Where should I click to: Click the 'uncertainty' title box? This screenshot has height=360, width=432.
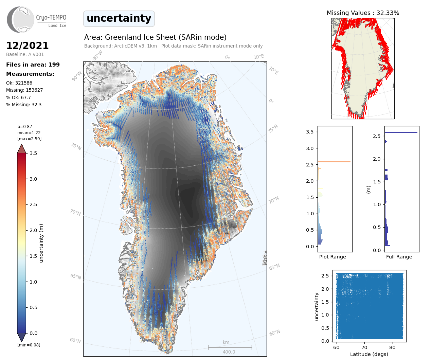coord(119,18)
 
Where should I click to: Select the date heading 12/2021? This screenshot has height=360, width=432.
coord(27,46)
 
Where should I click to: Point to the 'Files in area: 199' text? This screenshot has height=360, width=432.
coord(33,65)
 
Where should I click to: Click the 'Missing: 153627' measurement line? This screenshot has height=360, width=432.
coord(24,90)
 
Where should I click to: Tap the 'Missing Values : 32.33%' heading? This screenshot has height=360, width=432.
coord(363,13)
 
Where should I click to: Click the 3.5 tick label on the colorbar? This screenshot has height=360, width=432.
coord(33,153)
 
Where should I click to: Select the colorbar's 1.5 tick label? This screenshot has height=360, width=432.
coord(33,256)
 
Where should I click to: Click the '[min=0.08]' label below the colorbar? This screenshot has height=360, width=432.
coord(29,345)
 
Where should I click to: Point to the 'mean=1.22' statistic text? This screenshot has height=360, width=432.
coord(29,133)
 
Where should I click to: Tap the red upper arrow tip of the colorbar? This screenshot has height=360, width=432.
coord(22,148)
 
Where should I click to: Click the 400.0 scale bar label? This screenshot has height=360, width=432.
coord(229,352)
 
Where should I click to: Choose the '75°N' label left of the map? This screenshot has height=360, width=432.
coord(76,146)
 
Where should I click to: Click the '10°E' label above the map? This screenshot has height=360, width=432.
coord(258,57)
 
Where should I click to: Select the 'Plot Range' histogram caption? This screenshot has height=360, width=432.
coord(332,257)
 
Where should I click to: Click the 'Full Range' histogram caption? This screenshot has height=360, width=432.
coord(399,257)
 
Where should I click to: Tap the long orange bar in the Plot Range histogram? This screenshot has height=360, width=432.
coord(334,162)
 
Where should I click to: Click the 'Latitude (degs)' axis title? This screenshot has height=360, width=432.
coord(369,354)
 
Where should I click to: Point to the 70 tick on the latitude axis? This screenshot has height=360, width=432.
coord(364,347)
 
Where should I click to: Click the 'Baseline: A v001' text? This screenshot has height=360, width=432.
coord(25,54)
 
